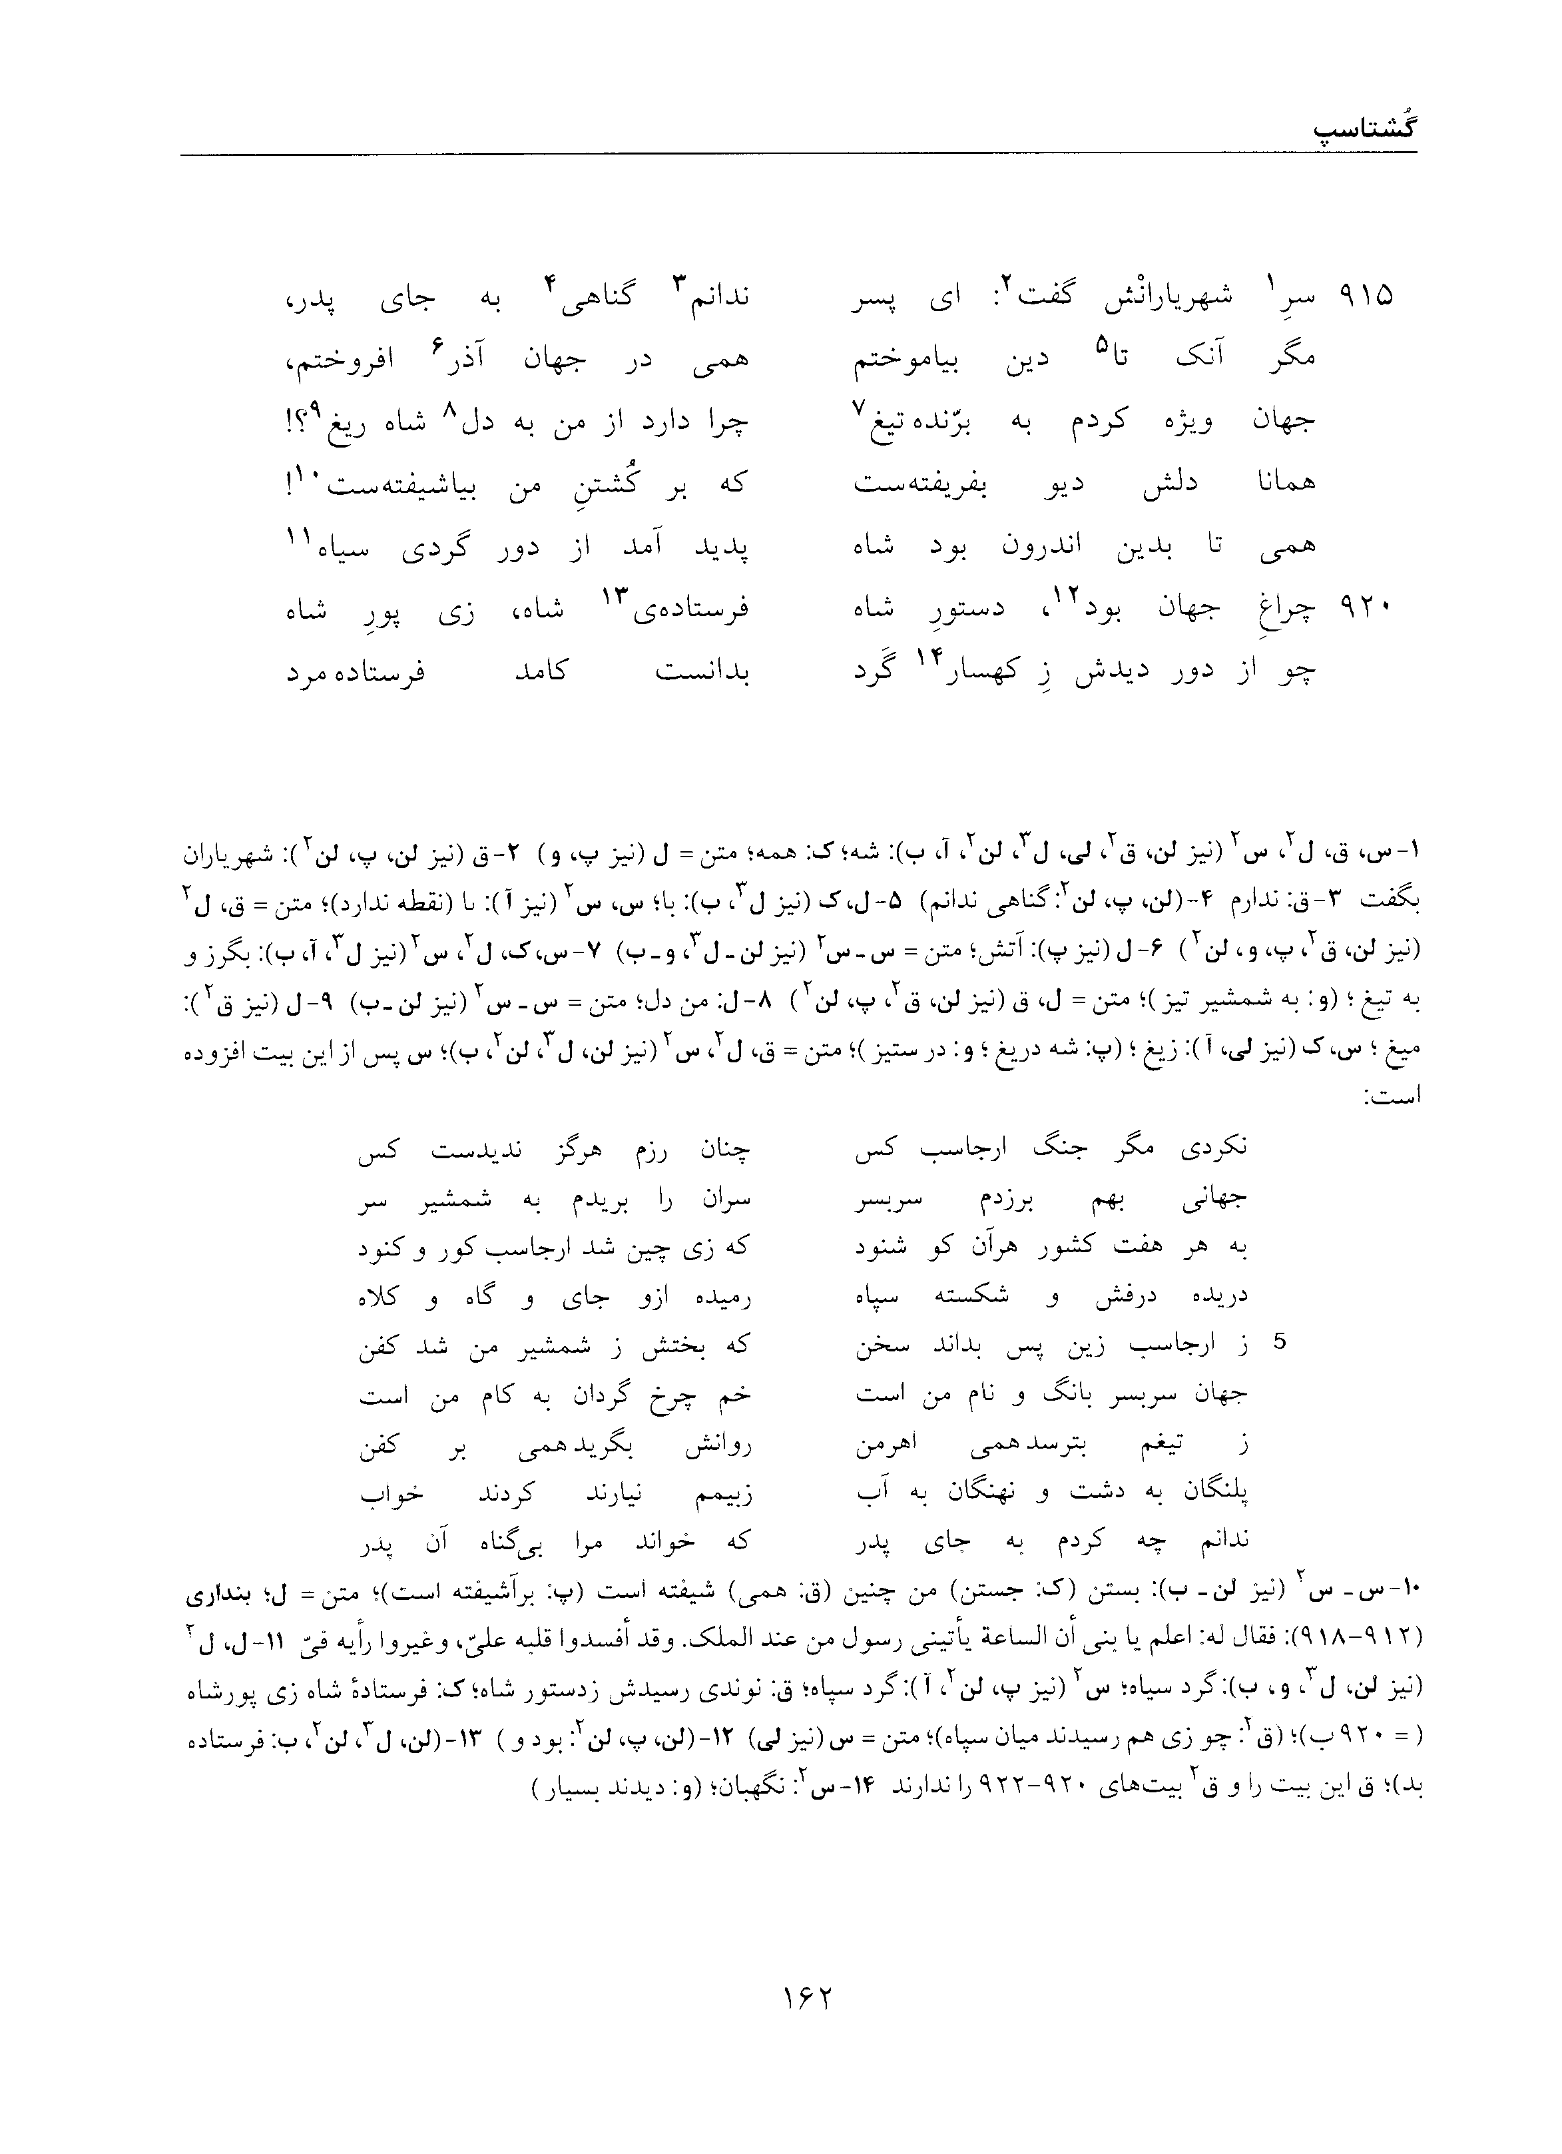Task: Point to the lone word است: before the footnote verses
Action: click(1394, 1096)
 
